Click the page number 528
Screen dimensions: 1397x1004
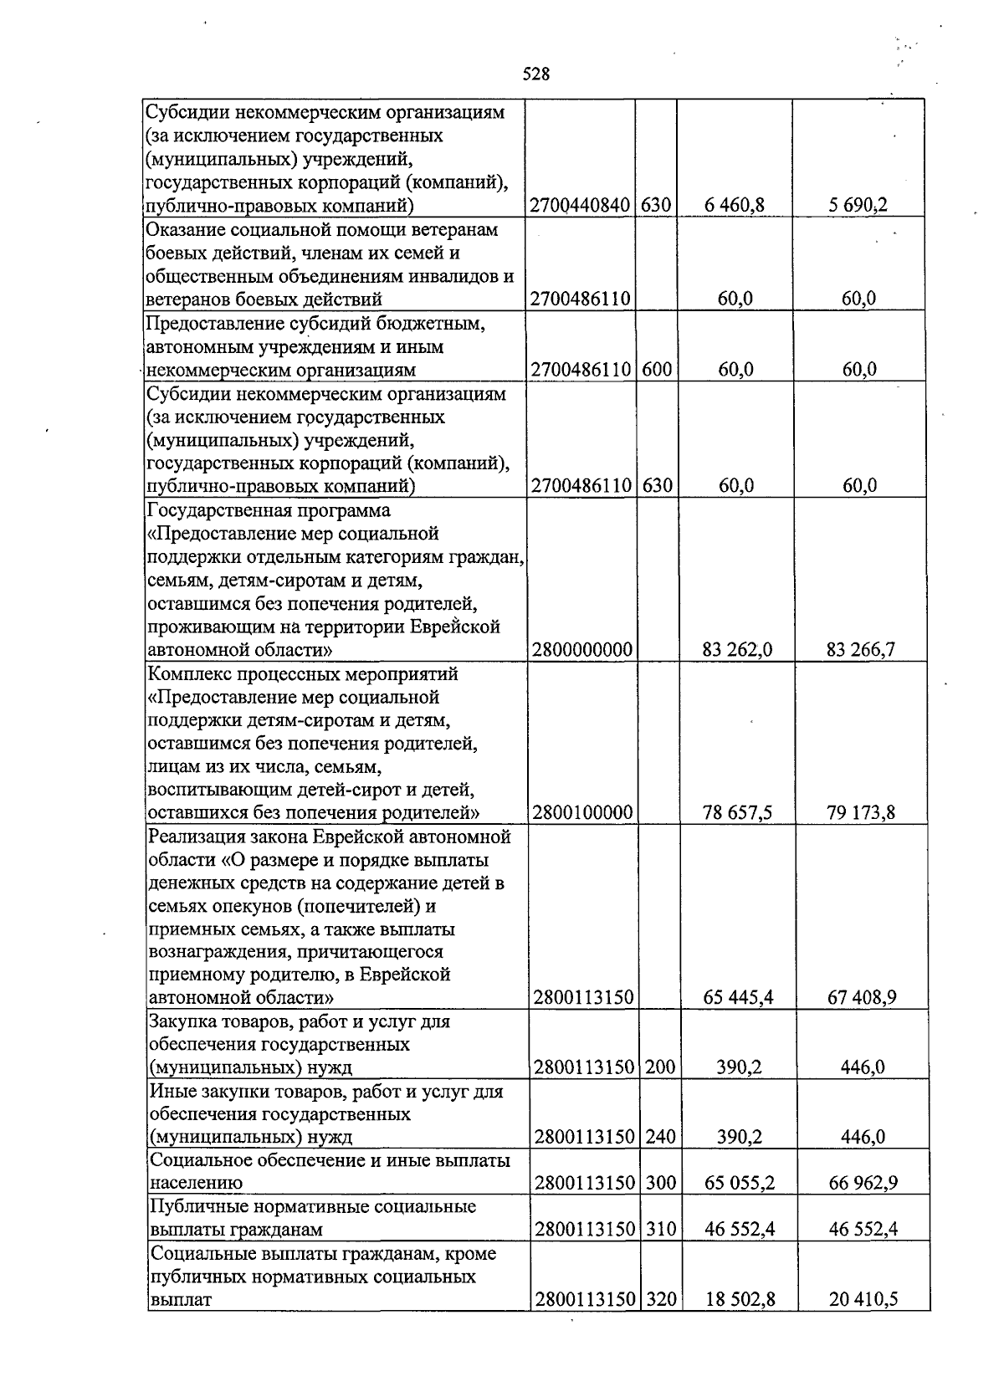[535, 74]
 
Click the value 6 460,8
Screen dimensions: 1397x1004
[735, 205]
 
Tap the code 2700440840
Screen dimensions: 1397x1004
[579, 205]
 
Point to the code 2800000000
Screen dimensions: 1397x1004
[581, 649]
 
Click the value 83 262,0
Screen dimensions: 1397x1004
[736, 649]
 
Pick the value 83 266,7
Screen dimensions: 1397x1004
[861, 649]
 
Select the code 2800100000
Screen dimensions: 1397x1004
[581, 812]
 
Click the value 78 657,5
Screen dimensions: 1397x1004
[736, 812]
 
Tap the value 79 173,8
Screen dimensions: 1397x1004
[861, 812]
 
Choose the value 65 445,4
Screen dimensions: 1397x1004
[738, 997]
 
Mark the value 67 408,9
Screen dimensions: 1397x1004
[863, 997]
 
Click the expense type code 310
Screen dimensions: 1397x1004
[660, 1230]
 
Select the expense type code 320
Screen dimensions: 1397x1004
[660, 1299]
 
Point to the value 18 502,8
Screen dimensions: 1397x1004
[740, 1299]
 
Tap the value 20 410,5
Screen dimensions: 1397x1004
[864, 1299]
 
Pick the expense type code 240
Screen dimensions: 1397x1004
[660, 1137]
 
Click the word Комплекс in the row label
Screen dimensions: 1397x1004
[186, 674]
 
